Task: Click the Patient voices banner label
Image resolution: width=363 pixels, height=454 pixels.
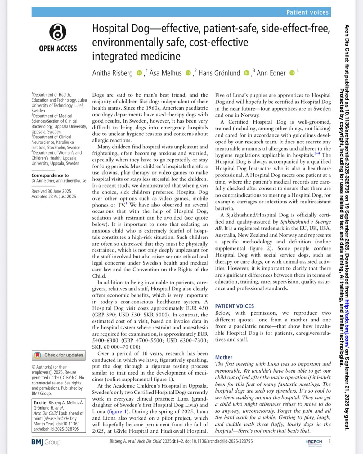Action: click(307, 12)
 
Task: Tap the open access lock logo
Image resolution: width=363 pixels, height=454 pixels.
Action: click(58, 32)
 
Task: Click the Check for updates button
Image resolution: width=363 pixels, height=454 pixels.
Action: click(59, 355)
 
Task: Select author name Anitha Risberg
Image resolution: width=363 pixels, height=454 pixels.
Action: click(112, 73)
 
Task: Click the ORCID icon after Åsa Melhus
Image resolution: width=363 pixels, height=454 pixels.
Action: click(188, 73)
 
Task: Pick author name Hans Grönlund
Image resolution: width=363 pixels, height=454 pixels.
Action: click(219, 73)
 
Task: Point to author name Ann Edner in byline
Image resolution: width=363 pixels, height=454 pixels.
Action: click(271, 73)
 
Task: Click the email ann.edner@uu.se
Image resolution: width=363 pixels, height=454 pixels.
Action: click(71, 181)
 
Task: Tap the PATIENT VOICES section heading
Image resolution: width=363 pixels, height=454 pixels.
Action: click(234, 306)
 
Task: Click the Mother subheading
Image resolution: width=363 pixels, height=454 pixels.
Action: click(224, 357)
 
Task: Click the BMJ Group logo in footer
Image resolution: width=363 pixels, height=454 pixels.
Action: click(46, 442)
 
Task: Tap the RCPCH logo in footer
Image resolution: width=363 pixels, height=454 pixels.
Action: click(314, 442)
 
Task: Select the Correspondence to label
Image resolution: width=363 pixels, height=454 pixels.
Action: click(50, 175)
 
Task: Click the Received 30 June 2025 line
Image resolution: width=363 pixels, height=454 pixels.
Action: click(51, 191)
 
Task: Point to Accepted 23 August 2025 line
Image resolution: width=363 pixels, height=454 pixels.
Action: click(54, 197)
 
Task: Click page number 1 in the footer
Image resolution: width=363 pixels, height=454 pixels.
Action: click(329, 441)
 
